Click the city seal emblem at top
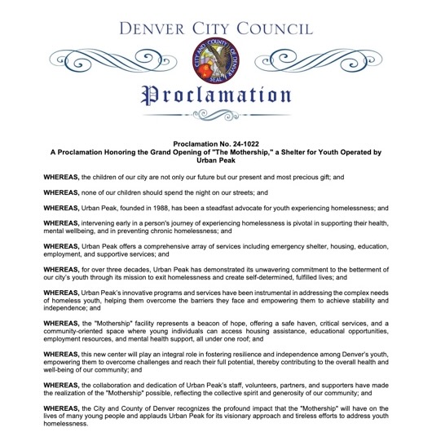click(215, 60)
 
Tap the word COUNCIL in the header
click(275, 29)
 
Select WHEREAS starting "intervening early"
click(61, 222)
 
